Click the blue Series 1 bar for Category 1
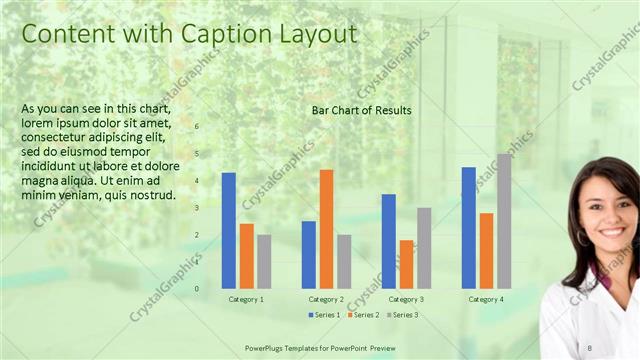coord(229,230)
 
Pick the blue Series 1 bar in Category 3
coord(388,241)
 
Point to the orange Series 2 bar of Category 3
coord(406,264)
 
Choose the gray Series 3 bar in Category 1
coord(264,261)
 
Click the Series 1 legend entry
coord(322,315)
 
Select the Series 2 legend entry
coord(363,315)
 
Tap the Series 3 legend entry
coord(402,315)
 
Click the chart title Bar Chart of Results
coord(361,110)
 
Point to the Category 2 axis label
coord(326,299)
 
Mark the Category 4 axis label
coord(486,299)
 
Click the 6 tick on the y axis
coord(197,126)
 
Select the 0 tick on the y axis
coord(197,288)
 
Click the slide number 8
coord(590,346)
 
